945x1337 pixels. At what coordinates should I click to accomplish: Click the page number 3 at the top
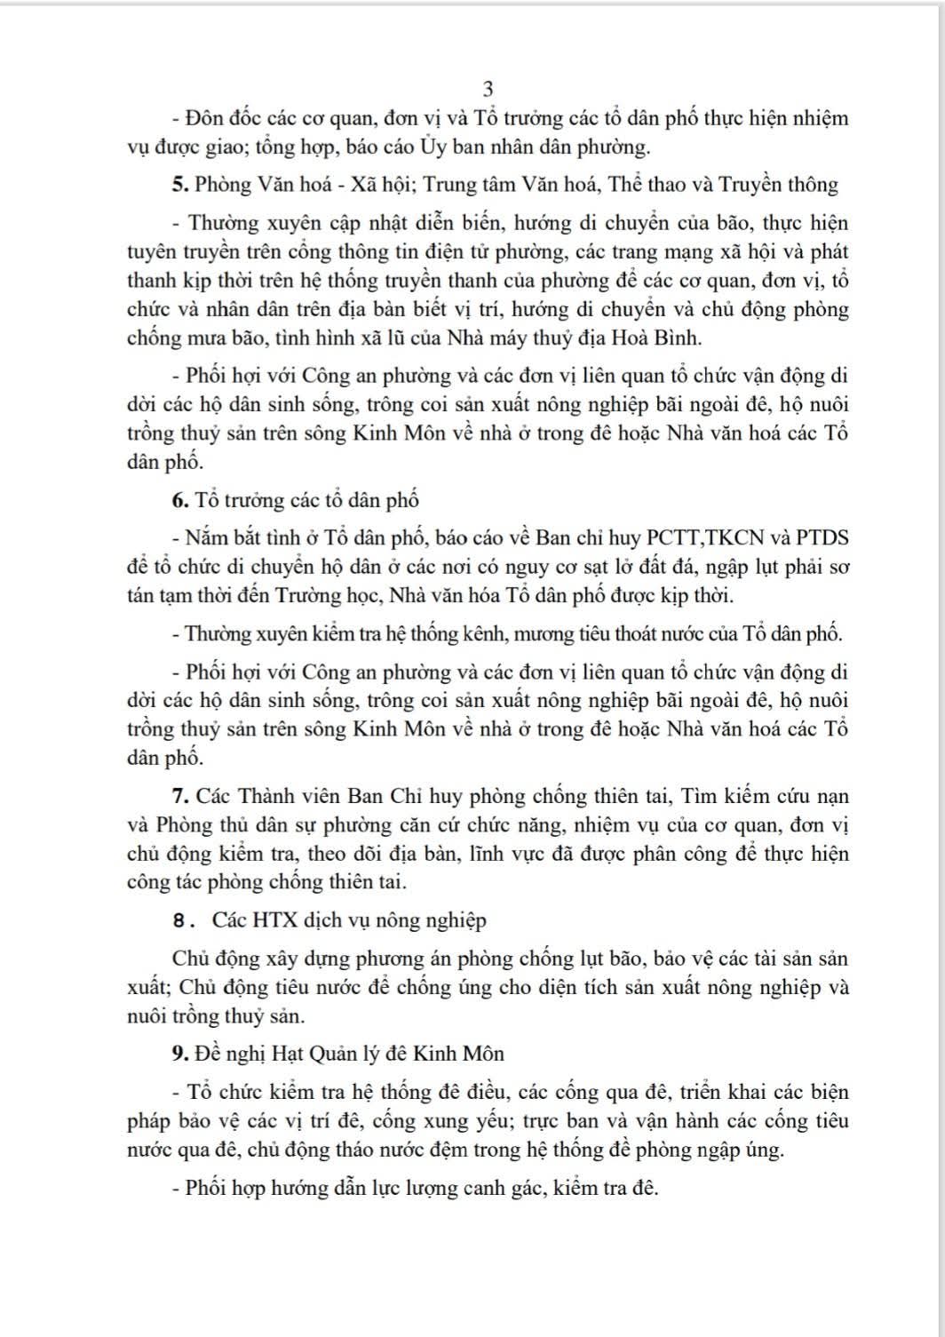pyautogui.click(x=487, y=89)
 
